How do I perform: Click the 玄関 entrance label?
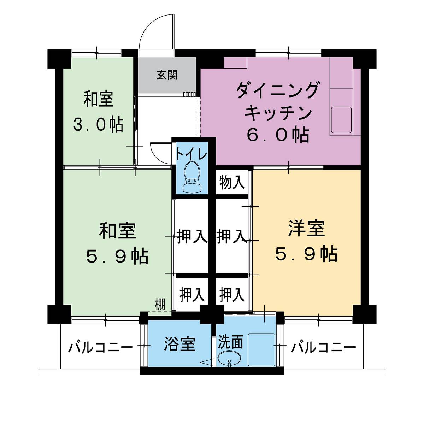(167, 75)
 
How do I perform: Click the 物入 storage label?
(231, 182)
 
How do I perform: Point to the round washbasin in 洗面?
(229, 359)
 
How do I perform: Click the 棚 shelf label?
(160, 305)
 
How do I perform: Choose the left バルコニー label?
(101, 348)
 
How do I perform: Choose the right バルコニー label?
(323, 348)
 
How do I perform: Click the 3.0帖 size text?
(99, 125)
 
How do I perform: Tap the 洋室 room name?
(306, 228)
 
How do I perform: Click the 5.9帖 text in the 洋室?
(306, 254)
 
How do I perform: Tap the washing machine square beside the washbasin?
(261, 349)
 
